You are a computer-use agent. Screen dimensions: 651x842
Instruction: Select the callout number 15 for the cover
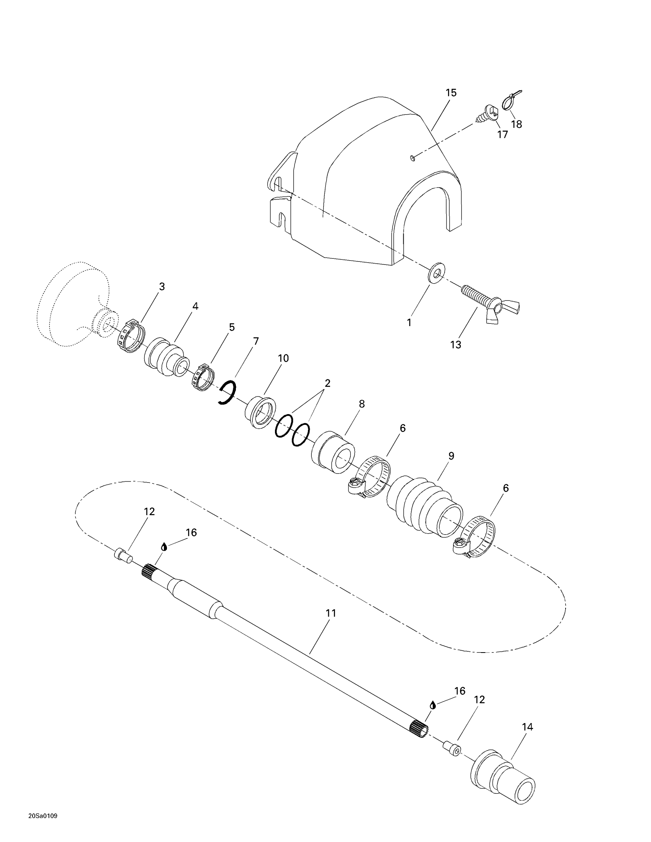pyautogui.click(x=451, y=93)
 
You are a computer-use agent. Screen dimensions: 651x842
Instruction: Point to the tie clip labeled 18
pyautogui.click(x=511, y=101)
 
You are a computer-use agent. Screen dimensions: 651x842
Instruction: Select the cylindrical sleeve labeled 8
pyautogui.click(x=333, y=452)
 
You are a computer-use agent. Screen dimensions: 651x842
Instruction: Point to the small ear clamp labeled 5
pyautogui.click(x=203, y=377)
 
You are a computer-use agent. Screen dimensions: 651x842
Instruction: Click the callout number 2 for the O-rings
pyautogui.click(x=327, y=383)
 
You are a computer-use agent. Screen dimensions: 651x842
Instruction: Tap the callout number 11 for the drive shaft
pyautogui.click(x=331, y=613)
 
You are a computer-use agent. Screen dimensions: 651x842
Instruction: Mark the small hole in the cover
pyautogui.click(x=413, y=157)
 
